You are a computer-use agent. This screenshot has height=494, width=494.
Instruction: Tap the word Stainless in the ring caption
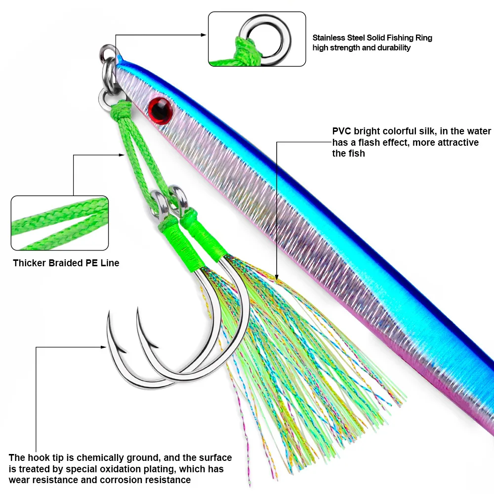pos(328,38)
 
